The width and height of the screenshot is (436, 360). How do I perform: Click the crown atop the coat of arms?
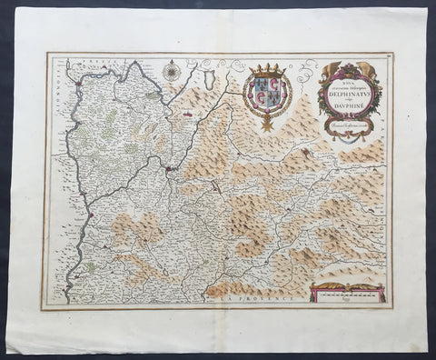coord(267,69)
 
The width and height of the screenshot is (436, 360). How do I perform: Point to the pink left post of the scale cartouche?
coord(312,293)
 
